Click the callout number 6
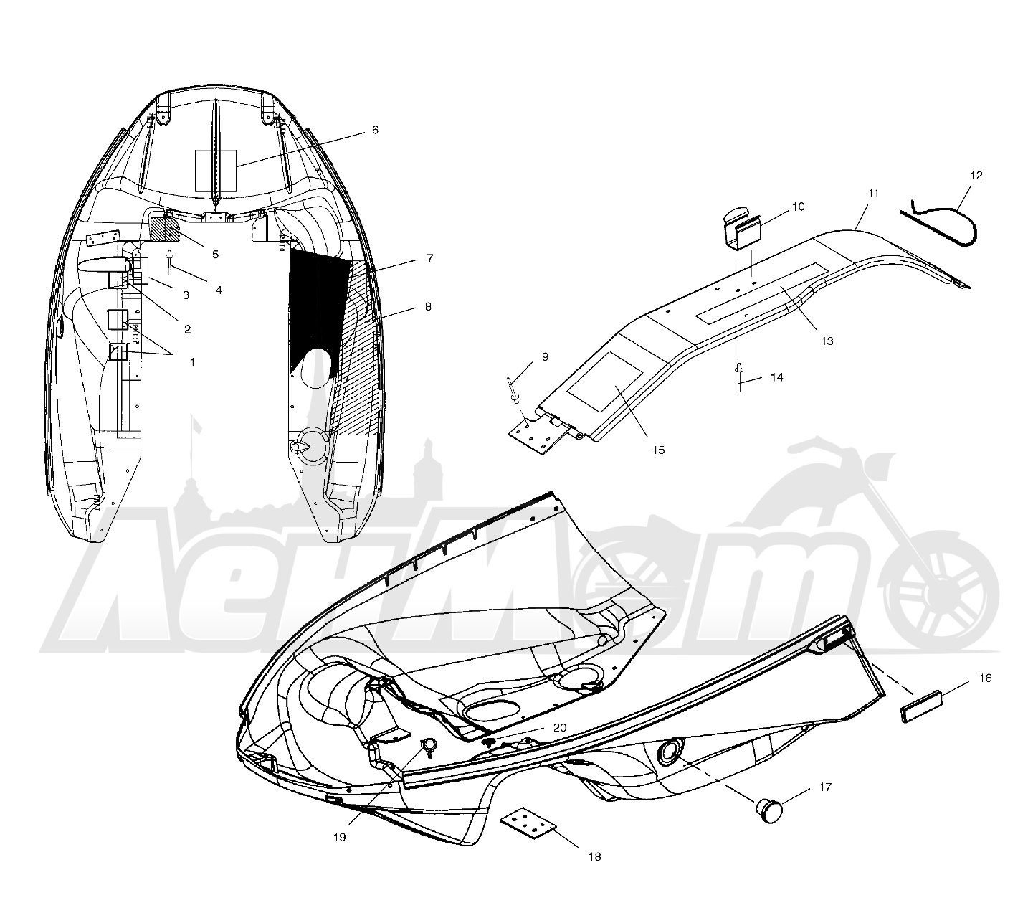[375, 130]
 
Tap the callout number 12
[976, 176]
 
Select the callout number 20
[560, 728]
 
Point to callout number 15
[658, 450]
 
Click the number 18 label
[594, 856]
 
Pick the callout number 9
[546, 357]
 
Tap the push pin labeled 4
[169, 262]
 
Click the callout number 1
[192, 362]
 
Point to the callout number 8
[428, 307]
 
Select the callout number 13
[827, 341]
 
